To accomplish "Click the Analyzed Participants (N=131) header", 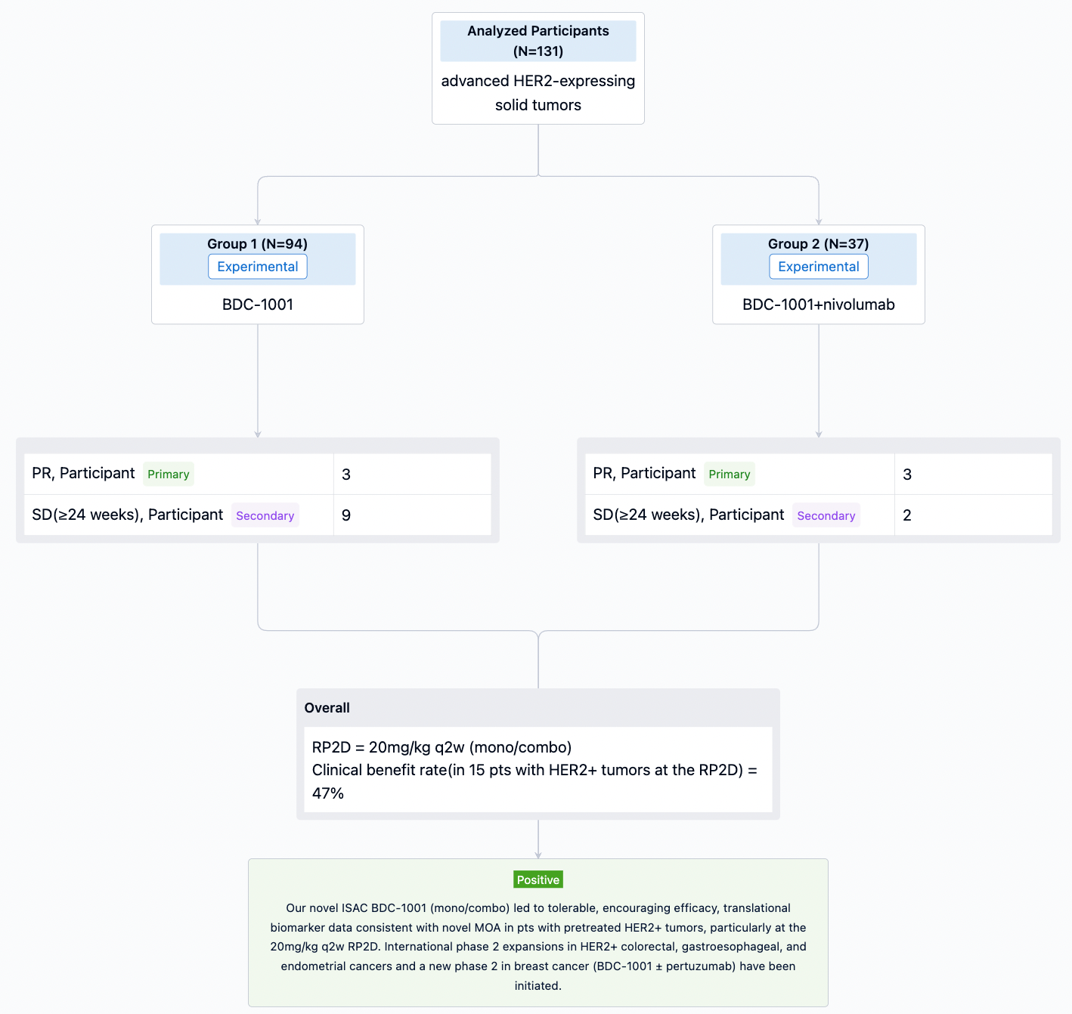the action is coord(538,41).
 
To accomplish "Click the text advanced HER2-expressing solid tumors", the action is coord(538,93).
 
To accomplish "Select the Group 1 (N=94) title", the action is coord(257,244).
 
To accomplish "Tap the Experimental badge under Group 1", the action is coord(257,267).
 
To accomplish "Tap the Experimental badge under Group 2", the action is coord(819,267).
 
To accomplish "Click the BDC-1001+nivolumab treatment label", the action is coord(819,305).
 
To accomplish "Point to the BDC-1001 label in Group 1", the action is coord(257,305).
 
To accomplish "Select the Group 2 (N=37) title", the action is coord(819,244).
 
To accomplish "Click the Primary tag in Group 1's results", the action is coord(168,474).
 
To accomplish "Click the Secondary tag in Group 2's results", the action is coord(826,515).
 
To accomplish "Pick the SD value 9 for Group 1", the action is coord(346,515).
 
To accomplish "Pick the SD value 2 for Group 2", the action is coord(906,515).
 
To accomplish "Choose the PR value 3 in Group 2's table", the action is coord(906,475).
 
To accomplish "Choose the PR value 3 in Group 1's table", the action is coord(346,475).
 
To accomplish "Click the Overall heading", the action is coord(327,708).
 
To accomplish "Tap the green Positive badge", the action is coord(538,880).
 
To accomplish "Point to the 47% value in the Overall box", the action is coord(327,793).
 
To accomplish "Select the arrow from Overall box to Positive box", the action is coord(538,839).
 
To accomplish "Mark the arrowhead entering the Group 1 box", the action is coord(257,221).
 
